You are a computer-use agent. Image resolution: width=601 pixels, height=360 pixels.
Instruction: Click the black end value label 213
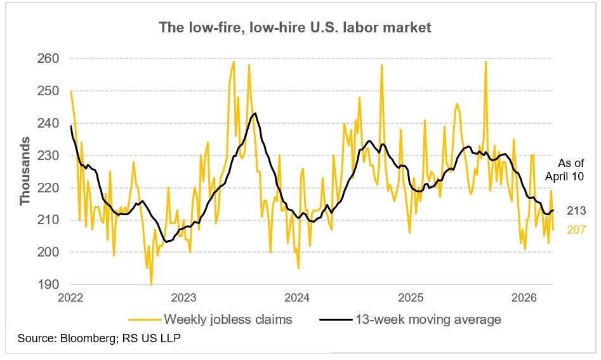576,211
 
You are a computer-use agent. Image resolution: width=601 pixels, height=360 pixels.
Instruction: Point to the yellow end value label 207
576,229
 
